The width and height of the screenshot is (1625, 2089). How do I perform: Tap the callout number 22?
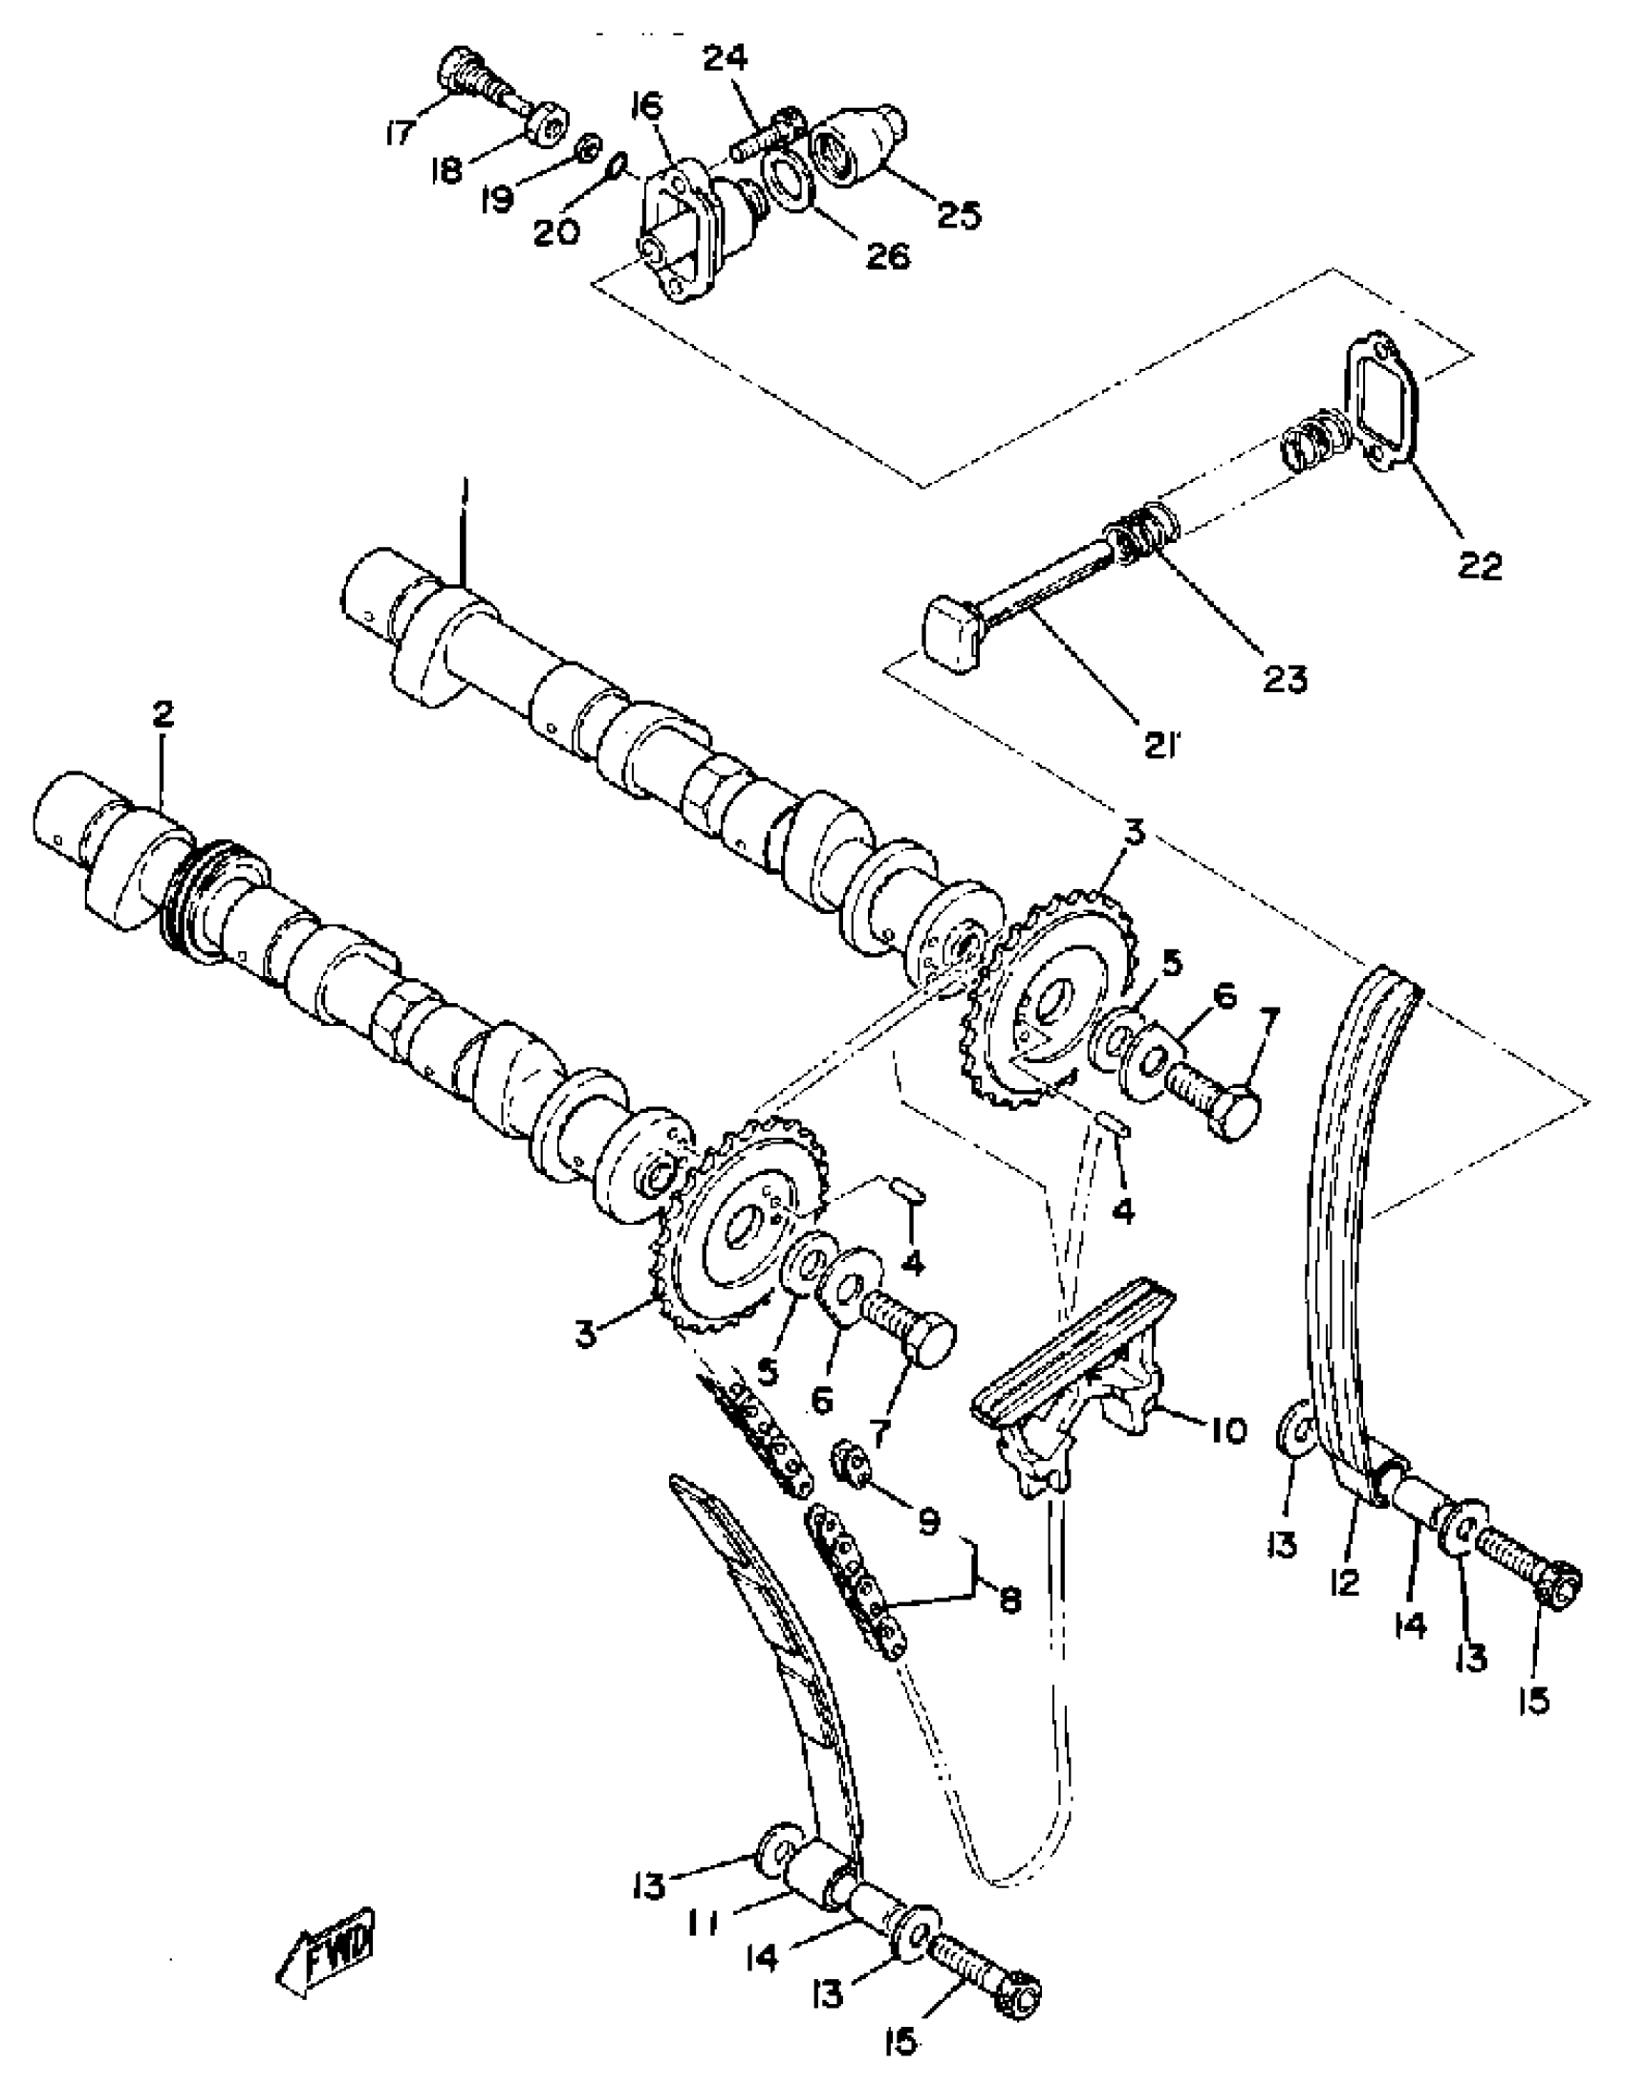click(x=1481, y=565)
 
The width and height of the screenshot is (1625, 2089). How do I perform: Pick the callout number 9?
click(x=928, y=1520)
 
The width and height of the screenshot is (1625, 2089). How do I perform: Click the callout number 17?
click(x=401, y=132)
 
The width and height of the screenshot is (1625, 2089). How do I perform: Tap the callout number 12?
click(x=1344, y=1584)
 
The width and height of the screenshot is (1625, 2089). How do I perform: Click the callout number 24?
click(x=726, y=60)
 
